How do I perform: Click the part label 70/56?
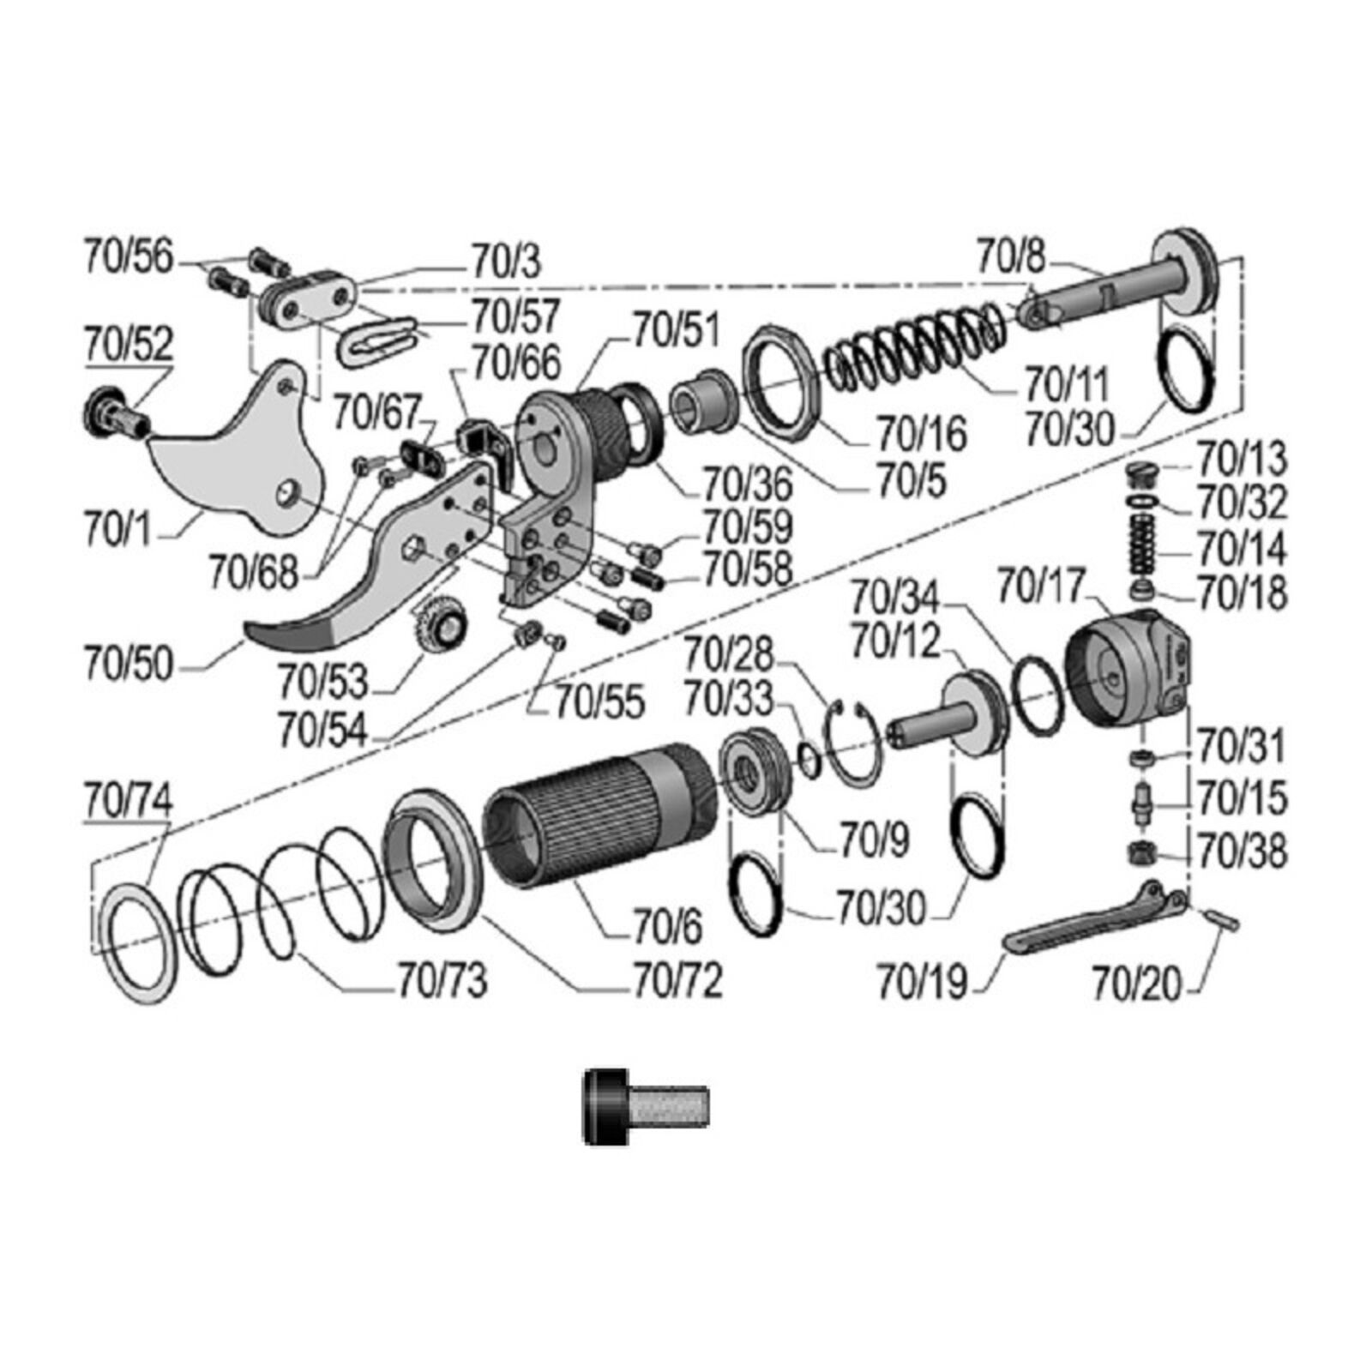(x=128, y=256)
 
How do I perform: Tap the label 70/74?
(x=128, y=801)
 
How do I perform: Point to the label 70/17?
(x=1041, y=587)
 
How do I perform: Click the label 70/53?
(x=322, y=682)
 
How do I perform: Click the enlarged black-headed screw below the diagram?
(x=645, y=1106)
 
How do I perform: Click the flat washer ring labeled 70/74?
(x=137, y=943)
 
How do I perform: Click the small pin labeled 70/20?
(x=1221, y=918)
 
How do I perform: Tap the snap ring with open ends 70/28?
(x=852, y=742)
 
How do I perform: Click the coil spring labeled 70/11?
(x=913, y=343)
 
